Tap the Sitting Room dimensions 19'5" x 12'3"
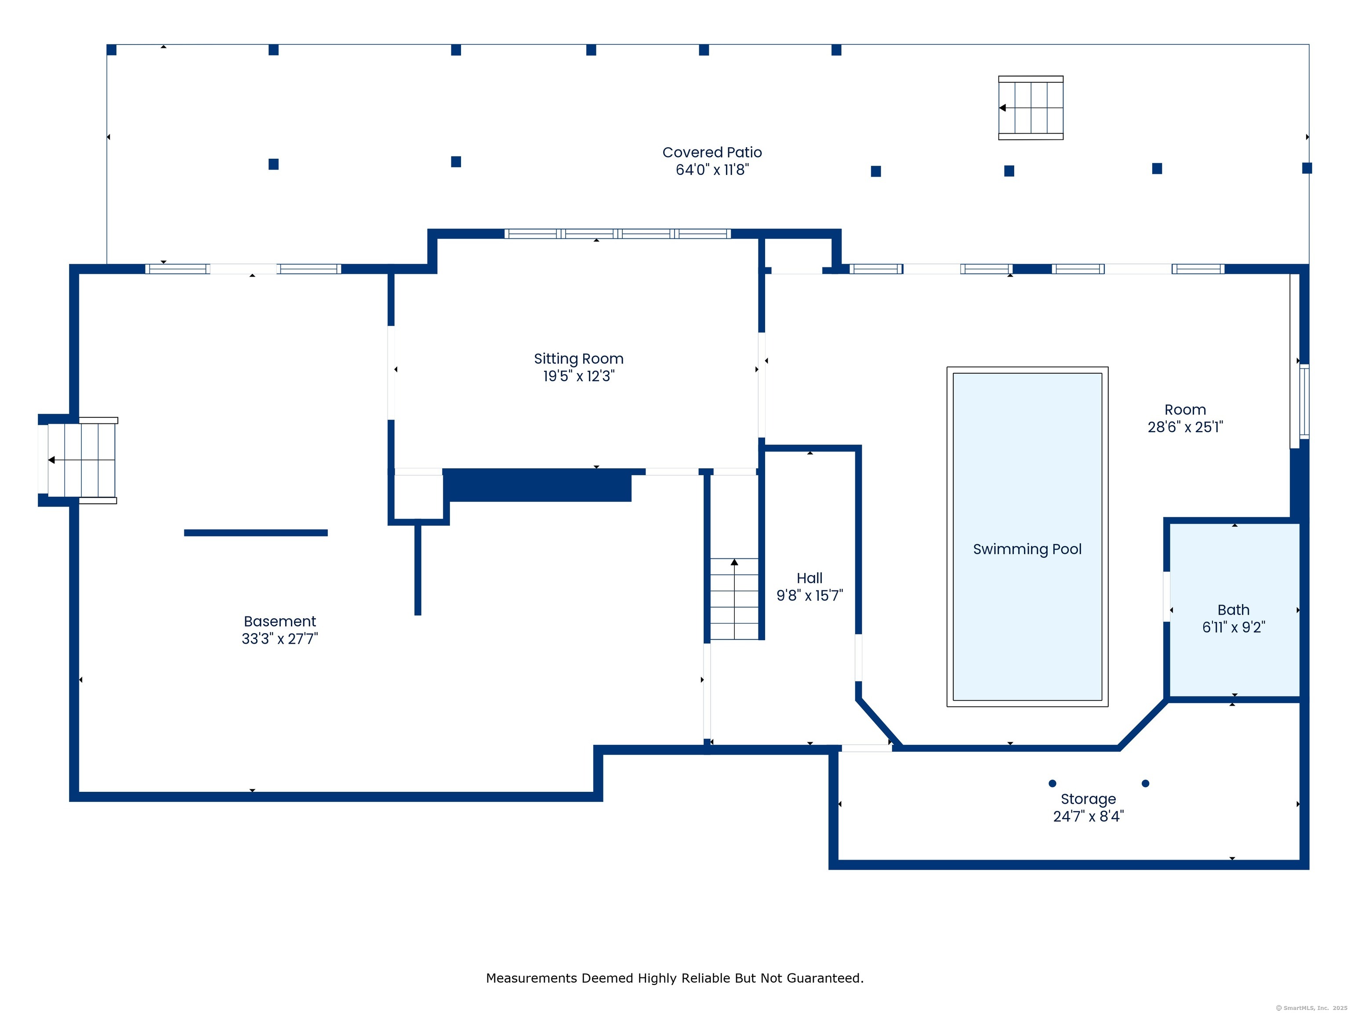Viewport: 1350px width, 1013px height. tap(579, 376)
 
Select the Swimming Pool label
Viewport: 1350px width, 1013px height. tap(1027, 550)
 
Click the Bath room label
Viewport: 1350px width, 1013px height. tap(1234, 610)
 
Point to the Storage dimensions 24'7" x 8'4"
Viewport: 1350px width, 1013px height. tap(1088, 816)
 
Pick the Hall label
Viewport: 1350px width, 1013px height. tap(809, 578)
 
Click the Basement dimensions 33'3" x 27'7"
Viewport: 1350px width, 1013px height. tap(279, 639)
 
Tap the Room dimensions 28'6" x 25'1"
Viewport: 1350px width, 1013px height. tap(1185, 427)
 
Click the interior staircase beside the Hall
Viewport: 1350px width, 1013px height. tap(734, 599)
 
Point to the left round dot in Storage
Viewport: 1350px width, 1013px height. tap(1052, 783)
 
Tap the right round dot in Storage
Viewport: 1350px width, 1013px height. tap(1146, 783)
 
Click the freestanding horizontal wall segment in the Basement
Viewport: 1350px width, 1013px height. tap(256, 533)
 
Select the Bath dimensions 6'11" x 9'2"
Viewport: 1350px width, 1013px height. tap(1234, 627)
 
